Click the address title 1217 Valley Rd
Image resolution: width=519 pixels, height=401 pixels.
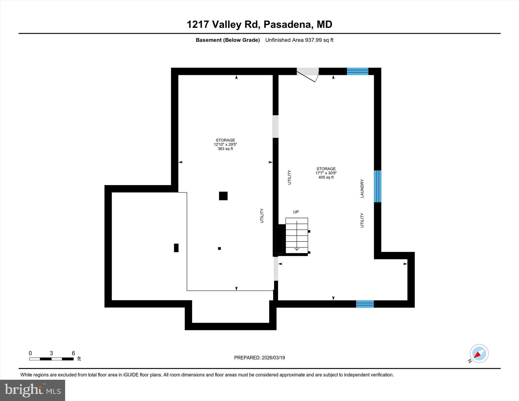259,25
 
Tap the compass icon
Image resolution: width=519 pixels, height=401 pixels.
479,353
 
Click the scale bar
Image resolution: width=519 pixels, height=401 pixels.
51,359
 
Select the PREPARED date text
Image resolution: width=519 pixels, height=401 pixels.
259,358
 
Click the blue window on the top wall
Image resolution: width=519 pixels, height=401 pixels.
357,71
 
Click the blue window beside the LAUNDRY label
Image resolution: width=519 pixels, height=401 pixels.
377,186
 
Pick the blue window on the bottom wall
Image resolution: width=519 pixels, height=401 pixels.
365,304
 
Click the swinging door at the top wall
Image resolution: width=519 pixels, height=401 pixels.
307,74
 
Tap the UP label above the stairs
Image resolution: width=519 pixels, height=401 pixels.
296,212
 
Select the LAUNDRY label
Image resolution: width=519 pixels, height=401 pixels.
362,188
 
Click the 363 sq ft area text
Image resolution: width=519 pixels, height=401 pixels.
225,149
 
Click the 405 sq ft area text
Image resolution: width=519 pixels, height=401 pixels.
326,177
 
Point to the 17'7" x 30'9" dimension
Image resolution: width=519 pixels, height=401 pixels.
326,173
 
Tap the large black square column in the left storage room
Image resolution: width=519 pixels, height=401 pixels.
223,196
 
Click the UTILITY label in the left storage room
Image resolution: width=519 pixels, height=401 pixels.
262,216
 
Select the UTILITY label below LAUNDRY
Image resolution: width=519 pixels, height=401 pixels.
362,220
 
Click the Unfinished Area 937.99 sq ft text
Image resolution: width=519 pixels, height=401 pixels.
299,40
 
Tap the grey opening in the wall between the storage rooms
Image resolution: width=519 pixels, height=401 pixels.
275,126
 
